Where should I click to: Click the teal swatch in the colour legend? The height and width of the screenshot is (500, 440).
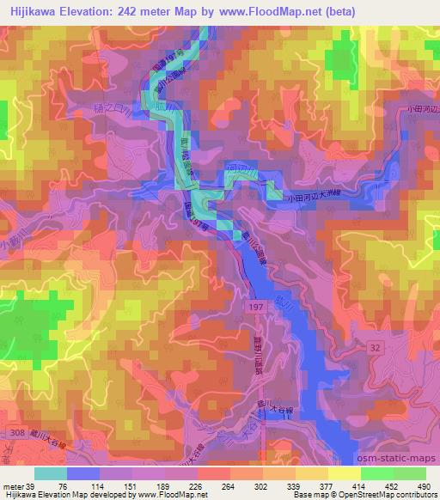click(50, 473)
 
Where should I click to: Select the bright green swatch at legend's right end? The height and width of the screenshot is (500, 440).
click(409, 473)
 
